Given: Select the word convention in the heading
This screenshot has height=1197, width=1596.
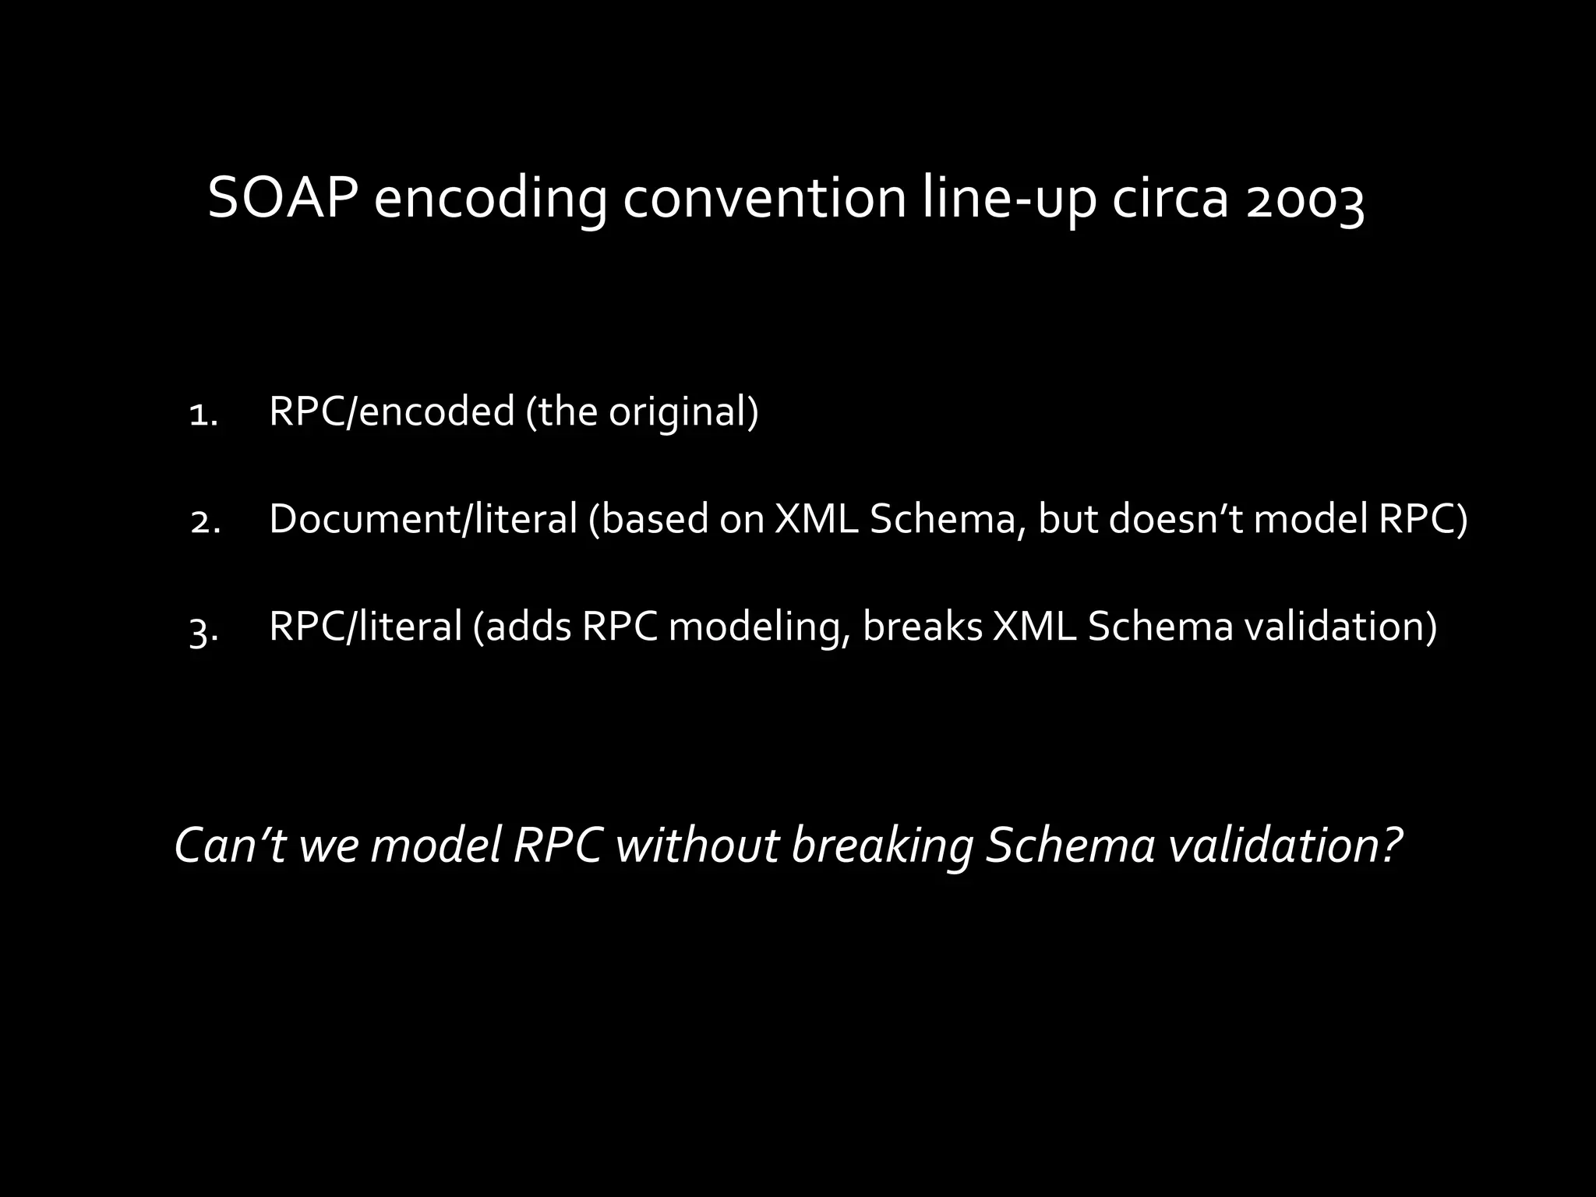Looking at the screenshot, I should point(764,199).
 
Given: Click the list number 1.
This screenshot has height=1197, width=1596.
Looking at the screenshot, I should point(203,415).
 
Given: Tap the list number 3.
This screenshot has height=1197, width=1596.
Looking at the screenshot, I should point(203,630).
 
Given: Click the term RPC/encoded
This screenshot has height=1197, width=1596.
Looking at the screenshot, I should point(392,411).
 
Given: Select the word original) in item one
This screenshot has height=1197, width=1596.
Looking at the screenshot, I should point(683,411).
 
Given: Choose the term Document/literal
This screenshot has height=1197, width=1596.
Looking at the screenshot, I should point(423,519).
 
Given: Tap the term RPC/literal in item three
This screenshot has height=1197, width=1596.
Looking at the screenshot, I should point(365,626).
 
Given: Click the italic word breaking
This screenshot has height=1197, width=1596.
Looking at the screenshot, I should point(882,846).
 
